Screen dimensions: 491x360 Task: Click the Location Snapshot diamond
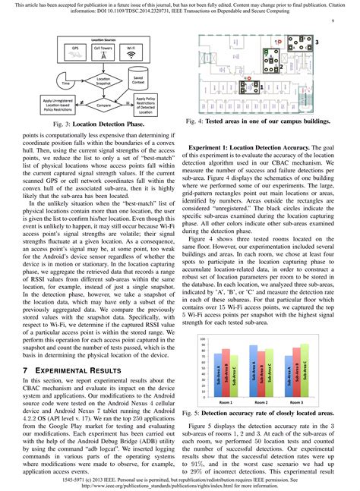pos(105,80)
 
